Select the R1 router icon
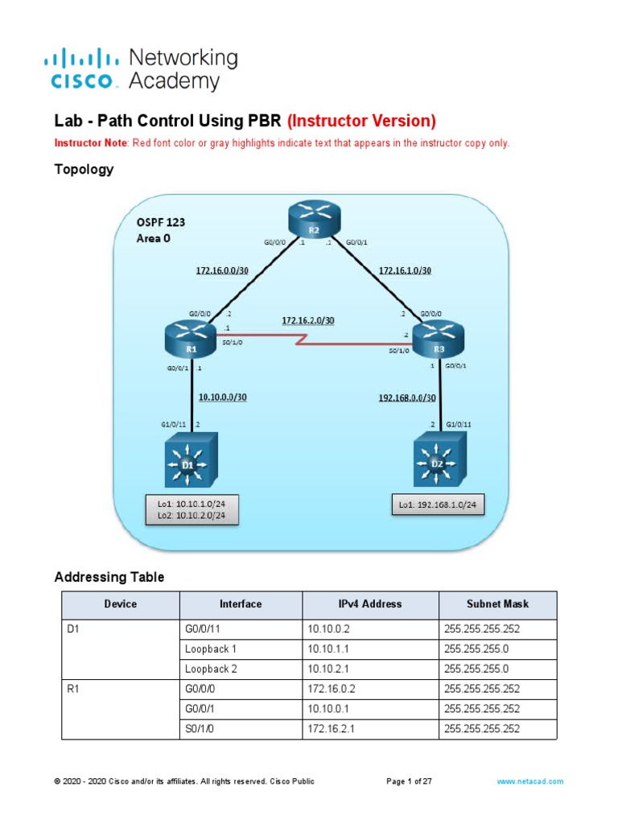[191, 340]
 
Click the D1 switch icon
[191, 459]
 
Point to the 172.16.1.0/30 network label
[404, 270]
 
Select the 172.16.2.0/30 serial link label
[307, 320]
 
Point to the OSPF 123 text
[164, 221]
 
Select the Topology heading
[84, 170]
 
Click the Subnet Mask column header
[496, 604]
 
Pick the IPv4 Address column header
[370, 604]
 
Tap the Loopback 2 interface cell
[211, 669]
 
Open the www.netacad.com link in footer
[529, 781]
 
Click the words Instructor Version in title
[361, 122]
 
